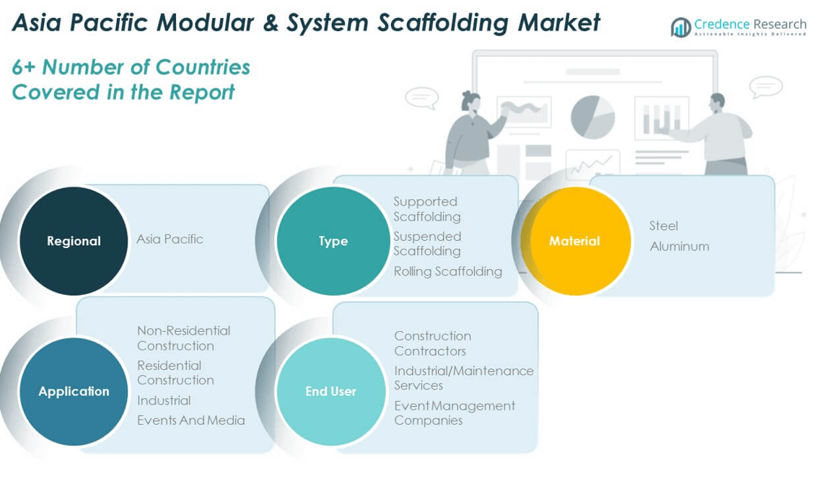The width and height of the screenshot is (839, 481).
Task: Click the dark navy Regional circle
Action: (x=74, y=241)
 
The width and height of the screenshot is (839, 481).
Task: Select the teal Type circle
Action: (x=333, y=241)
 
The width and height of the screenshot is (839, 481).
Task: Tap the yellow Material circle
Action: (x=575, y=241)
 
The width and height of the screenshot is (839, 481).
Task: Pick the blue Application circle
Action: (x=74, y=392)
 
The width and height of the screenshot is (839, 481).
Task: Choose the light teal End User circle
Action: (x=331, y=392)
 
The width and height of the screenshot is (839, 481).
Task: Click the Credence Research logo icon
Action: (x=680, y=27)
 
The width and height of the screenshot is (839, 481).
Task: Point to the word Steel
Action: (x=663, y=226)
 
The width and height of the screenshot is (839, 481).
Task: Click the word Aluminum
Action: (x=679, y=247)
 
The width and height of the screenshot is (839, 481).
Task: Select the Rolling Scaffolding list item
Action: (x=447, y=272)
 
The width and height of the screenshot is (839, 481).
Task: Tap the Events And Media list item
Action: (x=191, y=420)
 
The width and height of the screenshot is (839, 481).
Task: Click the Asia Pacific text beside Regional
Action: (x=170, y=239)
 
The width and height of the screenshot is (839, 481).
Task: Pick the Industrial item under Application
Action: (x=164, y=400)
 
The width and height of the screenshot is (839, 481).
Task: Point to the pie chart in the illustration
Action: (x=592, y=117)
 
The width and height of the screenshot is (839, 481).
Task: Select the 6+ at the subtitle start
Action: (x=23, y=67)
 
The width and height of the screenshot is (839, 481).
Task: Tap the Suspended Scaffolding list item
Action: (x=427, y=244)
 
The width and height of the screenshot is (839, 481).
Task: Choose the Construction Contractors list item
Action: (x=432, y=343)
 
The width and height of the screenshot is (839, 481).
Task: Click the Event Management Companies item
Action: (x=454, y=413)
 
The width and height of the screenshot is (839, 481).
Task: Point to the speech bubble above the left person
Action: (x=421, y=97)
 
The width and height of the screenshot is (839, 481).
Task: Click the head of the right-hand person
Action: (x=717, y=102)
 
